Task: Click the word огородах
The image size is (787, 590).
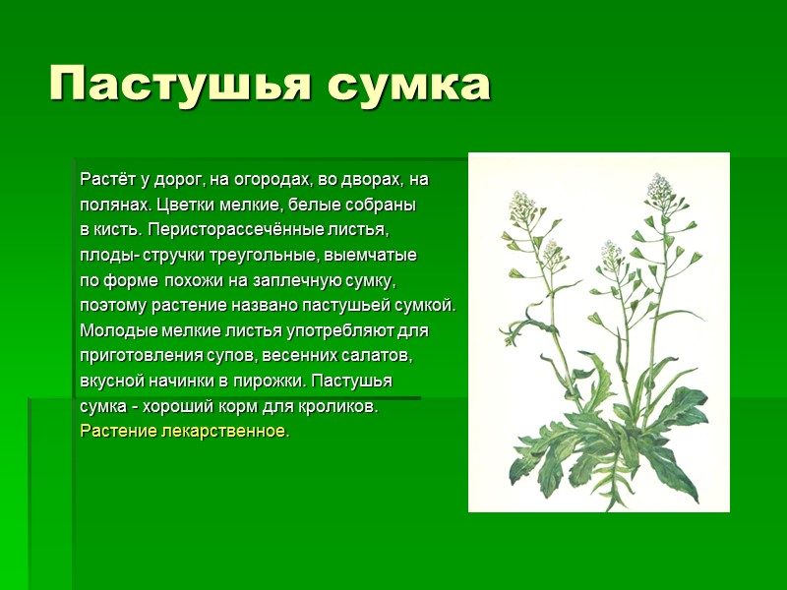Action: click(269, 180)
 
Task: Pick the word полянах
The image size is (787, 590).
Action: click(112, 206)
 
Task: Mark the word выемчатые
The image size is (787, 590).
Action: click(378, 256)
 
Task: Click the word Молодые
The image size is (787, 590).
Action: click(114, 330)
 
